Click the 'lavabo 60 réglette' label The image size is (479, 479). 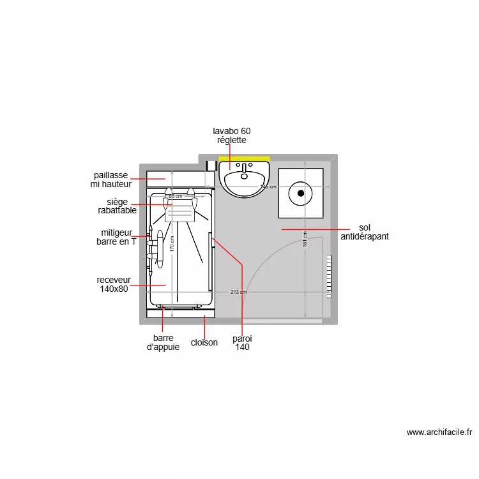(231, 135)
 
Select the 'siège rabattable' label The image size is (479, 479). (117, 206)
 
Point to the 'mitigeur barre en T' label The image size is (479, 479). (116, 237)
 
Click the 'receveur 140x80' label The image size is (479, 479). (114, 284)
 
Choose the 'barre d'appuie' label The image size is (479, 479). (163, 342)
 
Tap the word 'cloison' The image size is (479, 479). (204, 342)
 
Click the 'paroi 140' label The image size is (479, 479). (242, 343)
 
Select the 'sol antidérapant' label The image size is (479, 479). (365, 232)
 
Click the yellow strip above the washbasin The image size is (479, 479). (244, 158)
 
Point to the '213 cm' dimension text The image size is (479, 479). (238, 292)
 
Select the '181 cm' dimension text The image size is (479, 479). (305, 239)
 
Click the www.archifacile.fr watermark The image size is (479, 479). (439, 432)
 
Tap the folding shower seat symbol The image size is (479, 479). (179, 209)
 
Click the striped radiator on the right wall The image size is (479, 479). (330, 277)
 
